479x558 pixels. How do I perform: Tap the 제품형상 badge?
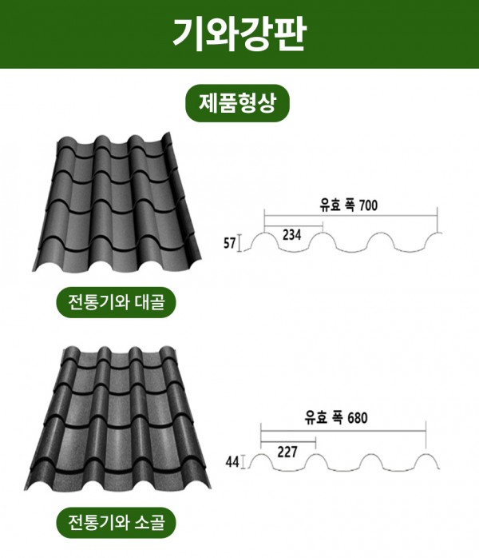pyautogui.click(x=237, y=103)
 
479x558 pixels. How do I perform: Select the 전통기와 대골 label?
pyautogui.click(x=117, y=302)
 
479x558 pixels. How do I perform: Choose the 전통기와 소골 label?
pyautogui.click(x=117, y=522)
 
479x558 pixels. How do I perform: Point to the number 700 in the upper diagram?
pyautogui.click(x=368, y=205)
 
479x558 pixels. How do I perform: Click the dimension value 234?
pyautogui.click(x=291, y=235)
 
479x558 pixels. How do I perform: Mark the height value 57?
pyautogui.click(x=230, y=243)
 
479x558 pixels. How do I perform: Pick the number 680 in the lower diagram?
pyautogui.click(x=358, y=418)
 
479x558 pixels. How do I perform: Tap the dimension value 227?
pyautogui.click(x=287, y=452)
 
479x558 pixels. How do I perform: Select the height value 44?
pyautogui.click(x=232, y=462)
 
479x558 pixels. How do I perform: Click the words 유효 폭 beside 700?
pyautogui.click(x=337, y=205)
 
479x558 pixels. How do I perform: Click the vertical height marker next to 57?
pyautogui.click(x=239, y=243)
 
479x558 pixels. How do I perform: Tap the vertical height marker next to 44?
pyautogui.click(x=243, y=462)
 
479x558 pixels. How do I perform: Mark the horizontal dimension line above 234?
pyautogui.click(x=294, y=225)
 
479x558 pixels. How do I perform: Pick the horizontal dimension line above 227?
pyautogui.click(x=288, y=441)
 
